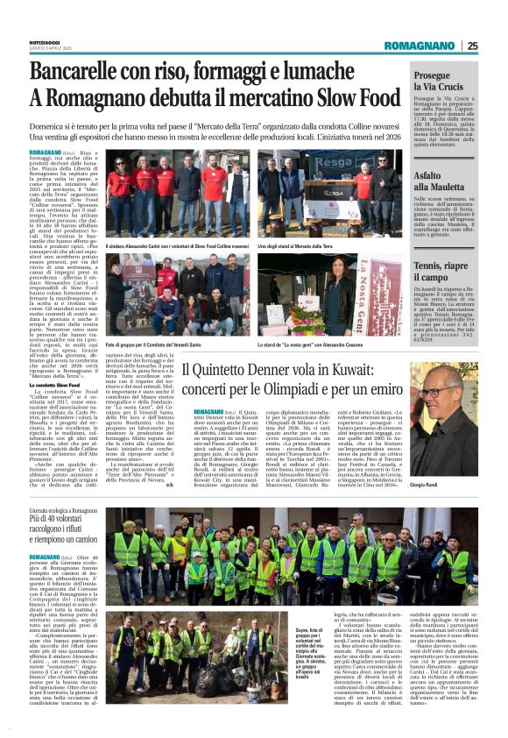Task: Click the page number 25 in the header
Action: pos(472,46)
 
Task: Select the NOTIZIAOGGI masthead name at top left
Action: pos(22,41)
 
